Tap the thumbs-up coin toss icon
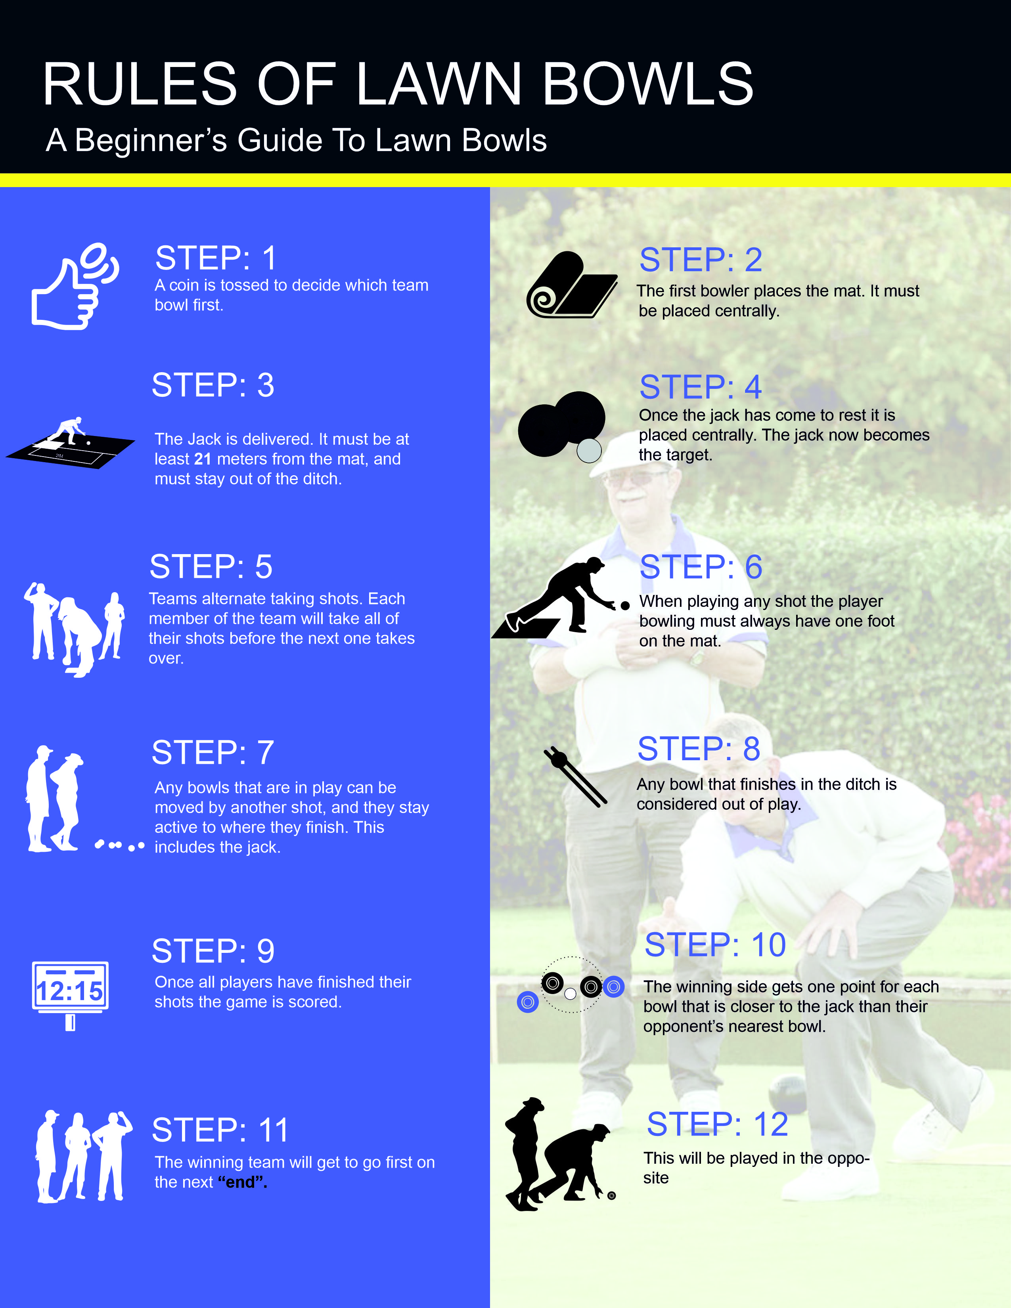(x=72, y=287)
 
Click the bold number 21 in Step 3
(x=203, y=459)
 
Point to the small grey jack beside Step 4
(x=589, y=450)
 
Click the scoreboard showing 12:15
(x=70, y=991)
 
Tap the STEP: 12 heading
(x=717, y=1124)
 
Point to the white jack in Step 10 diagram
(x=570, y=994)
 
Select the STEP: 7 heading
(x=213, y=753)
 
